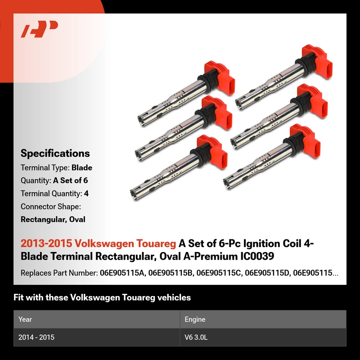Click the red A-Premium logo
pos(39,29)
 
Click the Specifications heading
pos(55,153)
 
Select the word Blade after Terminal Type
pos(82,167)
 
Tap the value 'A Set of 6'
pos(71,180)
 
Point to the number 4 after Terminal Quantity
pos(86,193)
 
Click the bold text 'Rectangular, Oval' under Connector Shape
pos(53,220)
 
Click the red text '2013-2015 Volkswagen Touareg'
pos(98,243)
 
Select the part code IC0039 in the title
pos(257,256)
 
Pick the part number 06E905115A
pos(123,273)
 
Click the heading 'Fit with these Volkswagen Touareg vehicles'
pos(102,297)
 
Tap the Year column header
pos(25,319)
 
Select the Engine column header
pos(195,319)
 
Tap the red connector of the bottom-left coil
pos(212,152)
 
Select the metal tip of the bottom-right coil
pos(228,183)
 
